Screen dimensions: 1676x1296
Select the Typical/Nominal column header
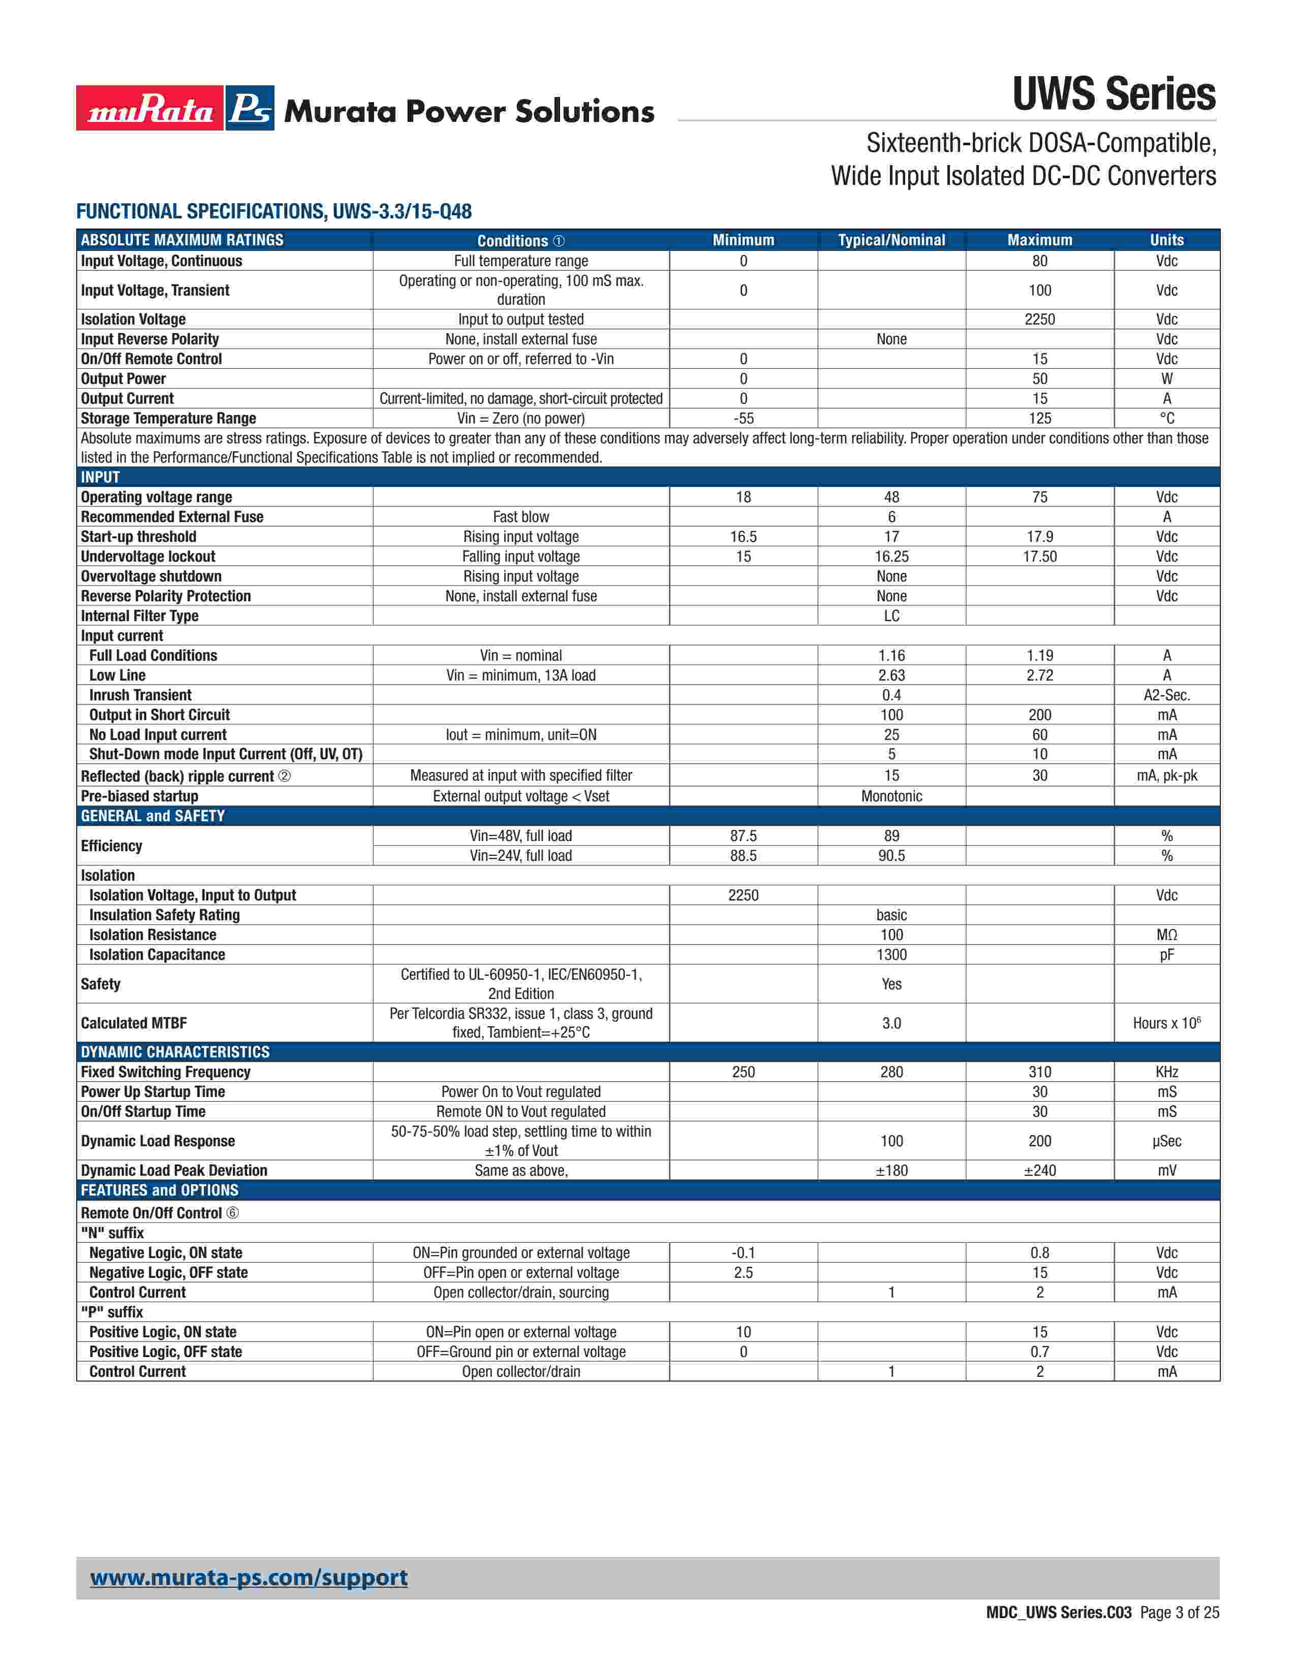(x=891, y=240)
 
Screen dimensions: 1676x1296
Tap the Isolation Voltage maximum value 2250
(x=1039, y=319)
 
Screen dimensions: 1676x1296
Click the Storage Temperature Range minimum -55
(x=743, y=418)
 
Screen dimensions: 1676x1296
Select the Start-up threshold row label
(x=138, y=536)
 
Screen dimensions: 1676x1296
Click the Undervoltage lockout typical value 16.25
(x=891, y=556)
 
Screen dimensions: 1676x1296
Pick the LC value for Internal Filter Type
(x=891, y=616)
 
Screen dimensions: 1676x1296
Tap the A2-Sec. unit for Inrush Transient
(x=1166, y=695)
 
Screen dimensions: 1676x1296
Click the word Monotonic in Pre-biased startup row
(x=891, y=796)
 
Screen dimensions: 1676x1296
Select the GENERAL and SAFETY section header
(x=153, y=816)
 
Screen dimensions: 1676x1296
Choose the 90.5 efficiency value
(x=891, y=856)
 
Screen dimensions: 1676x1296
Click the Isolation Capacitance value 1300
(x=891, y=955)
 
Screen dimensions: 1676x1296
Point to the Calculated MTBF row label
(x=134, y=1023)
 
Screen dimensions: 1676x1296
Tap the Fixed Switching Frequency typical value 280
(x=891, y=1072)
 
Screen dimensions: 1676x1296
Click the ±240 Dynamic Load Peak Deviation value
(x=1039, y=1170)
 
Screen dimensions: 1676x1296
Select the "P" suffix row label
(x=112, y=1312)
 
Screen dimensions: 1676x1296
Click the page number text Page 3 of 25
(x=1179, y=1613)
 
